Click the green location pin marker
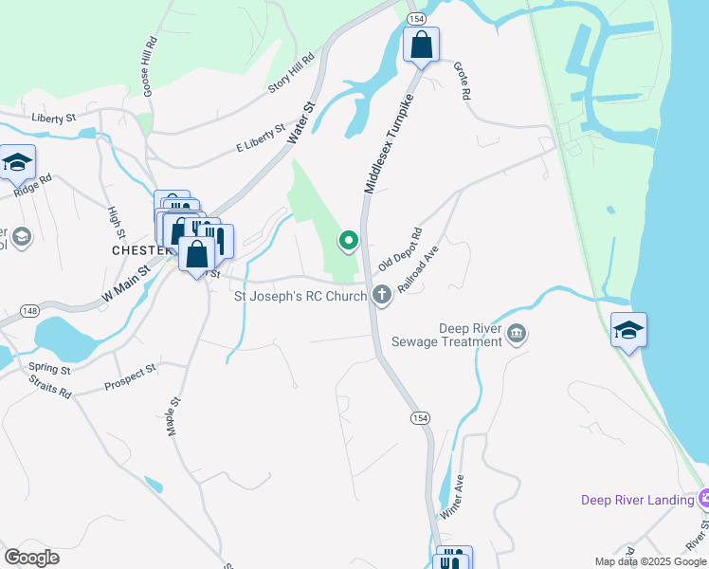[x=349, y=241]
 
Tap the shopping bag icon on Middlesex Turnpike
[x=421, y=45]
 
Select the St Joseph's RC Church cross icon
[x=382, y=295]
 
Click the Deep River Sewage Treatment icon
[x=517, y=333]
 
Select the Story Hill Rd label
[x=291, y=73]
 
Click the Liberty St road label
[x=53, y=119]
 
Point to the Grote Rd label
[x=462, y=83]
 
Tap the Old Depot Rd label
[x=399, y=249]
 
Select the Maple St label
[x=173, y=414]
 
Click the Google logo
[x=31, y=558]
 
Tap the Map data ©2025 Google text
[x=650, y=561]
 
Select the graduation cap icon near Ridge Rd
[x=17, y=163]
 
